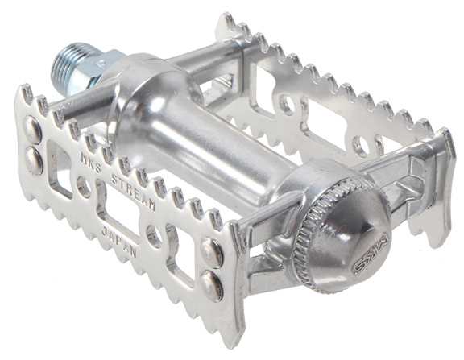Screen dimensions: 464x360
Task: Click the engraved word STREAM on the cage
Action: point(134,192)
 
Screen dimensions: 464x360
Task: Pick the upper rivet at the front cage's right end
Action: point(211,252)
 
